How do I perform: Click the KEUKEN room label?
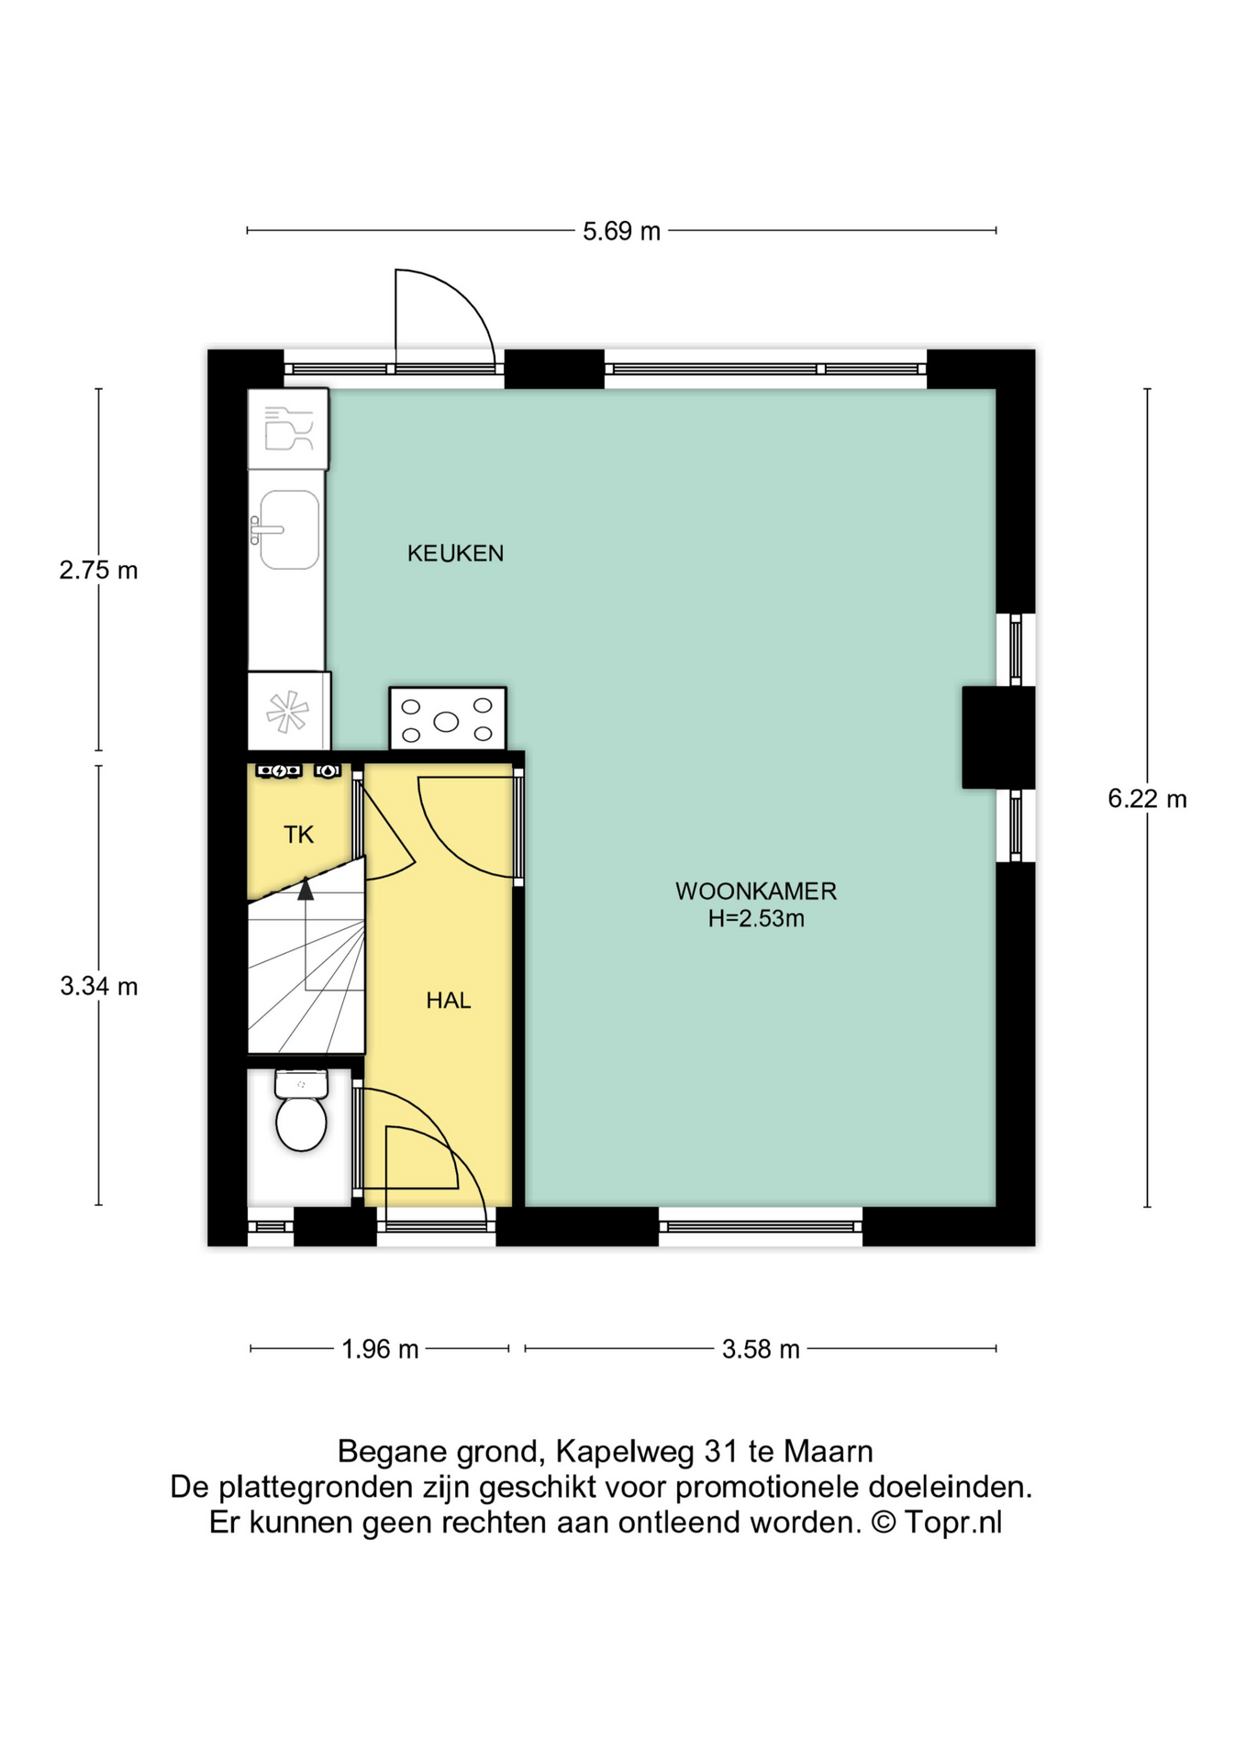pyautogui.click(x=455, y=553)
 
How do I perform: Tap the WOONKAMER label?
pyautogui.click(x=756, y=891)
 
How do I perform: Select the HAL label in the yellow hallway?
pyautogui.click(x=449, y=1001)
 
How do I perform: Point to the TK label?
pyautogui.click(x=299, y=835)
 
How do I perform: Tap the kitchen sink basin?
pyautogui.click(x=289, y=530)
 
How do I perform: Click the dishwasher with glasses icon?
pyautogui.click(x=288, y=429)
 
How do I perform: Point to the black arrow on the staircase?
pyautogui.click(x=306, y=888)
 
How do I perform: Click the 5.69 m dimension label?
pyautogui.click(x=621, y=231)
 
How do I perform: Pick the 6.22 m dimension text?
pyautogui.click(x=1147, y=799)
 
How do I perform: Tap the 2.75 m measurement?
pyautogui.click(x=99, y=570)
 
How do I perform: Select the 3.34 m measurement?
pyautogui.click(x=99, y=986)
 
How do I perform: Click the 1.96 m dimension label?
pyautogui.click(x=380, y=1349)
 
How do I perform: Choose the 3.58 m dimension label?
pyautogui.click(x=761, y=1349)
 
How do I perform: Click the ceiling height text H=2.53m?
pyautogui.click(x=756, y=918)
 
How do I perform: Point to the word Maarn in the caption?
pyautogui.click(x=828, y=1452)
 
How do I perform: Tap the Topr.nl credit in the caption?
pyautogui.click(x=953, y=1523)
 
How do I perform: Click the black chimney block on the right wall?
pyautogui.click(x=998, y=737)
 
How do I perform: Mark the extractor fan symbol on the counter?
pyautogui.click(x=287, y=712)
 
